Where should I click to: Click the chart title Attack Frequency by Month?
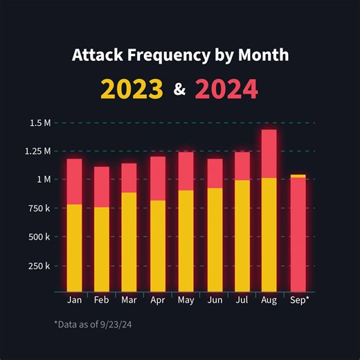point(180,55)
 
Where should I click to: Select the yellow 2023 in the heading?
point(132,89)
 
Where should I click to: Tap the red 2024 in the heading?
point(226,89)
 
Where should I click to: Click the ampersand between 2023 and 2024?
point(179,90)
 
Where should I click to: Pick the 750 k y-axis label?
point(38,208)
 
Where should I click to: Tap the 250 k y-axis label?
point(38,266)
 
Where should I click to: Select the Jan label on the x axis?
point(74,300)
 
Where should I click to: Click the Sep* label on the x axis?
point(298,300)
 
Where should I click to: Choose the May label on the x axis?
point(186,300)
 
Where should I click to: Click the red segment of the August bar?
point(269,154)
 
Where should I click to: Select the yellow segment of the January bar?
point(74,248)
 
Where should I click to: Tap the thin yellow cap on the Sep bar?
point(298,176)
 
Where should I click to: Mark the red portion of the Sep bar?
point(298,235)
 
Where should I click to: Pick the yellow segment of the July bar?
point(242,235)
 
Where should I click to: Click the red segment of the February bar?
point(102,187)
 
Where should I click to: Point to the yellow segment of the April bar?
point(158,246)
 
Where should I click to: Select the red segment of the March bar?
point(129,178)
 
